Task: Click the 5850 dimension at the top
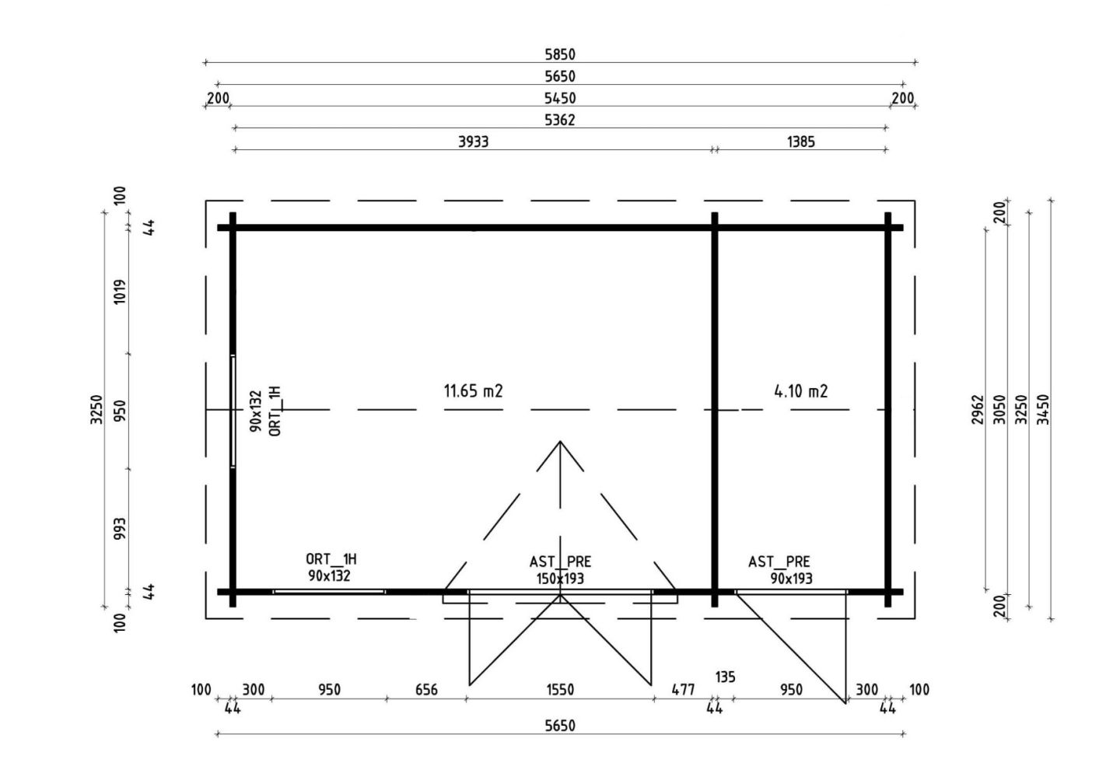(560, 54)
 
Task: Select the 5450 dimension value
(560, 98)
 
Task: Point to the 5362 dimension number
(560, 120)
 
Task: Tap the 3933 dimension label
(474, 142)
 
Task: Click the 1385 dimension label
(801, 142)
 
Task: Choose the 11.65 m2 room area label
(473, 390)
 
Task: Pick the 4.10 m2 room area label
(801, 390)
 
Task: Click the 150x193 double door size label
(560, 579)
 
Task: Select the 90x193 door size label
(792, 579)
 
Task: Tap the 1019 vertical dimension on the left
(120, 292)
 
